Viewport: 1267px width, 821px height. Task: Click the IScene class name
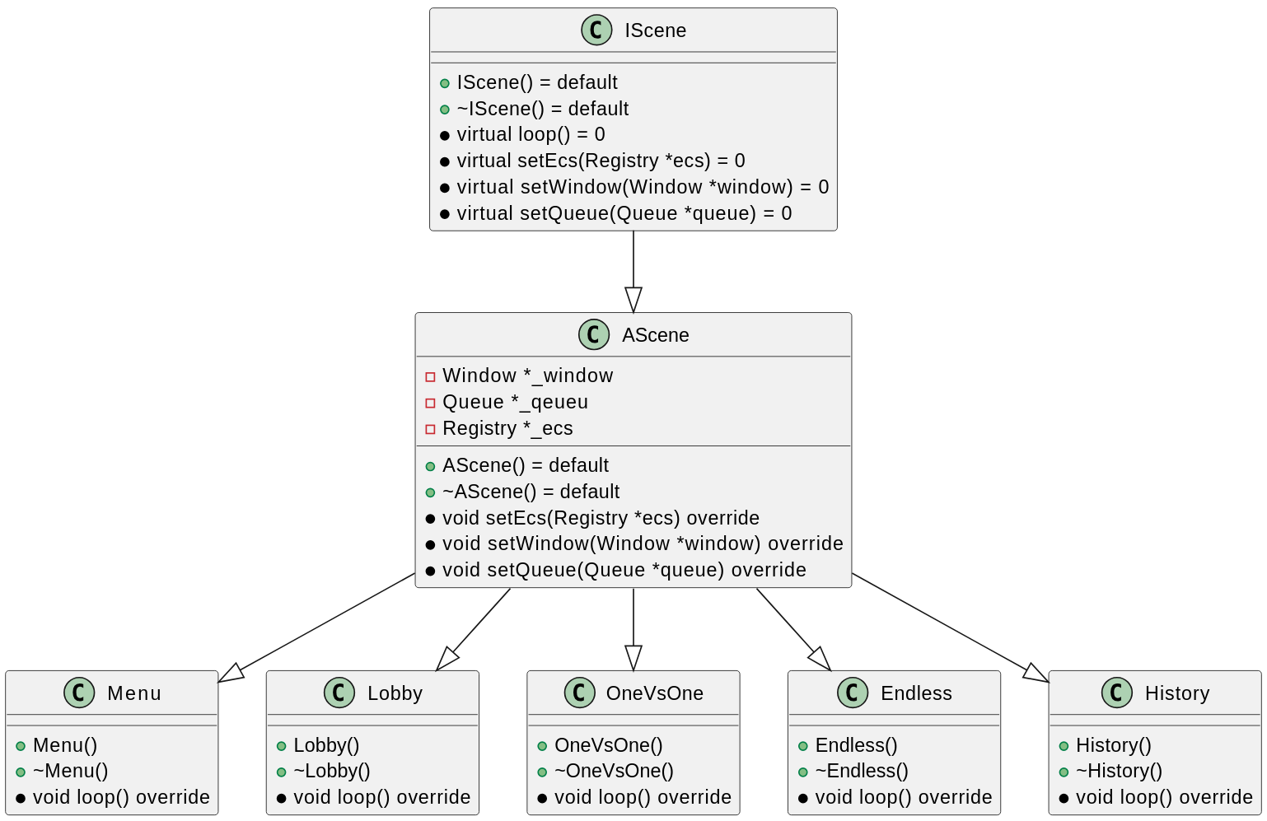pyautogui.click(x=655, y=30)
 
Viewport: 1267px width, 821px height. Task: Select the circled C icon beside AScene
pyautogui.click(x=593, y=335)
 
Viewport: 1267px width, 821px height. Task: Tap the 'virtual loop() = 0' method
pyautogui.click(x=531, y=134)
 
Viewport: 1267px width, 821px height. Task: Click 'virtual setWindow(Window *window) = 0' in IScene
pyautogui.click(x=643, y=187)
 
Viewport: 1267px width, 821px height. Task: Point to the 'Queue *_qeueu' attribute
pyautogui.click(x=515, y=402)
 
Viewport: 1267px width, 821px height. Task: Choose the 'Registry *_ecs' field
pyautogui.click(x=507, y=428)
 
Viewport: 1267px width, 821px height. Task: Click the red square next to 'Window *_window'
pyautogui.click(x=430, y=376)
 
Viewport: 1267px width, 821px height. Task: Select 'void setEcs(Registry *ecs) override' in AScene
pyautogui.click(x=601, y=518)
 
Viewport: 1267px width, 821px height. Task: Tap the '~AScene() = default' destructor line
pyautogui.click(x=531, y=492)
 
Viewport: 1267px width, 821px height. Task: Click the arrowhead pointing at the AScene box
pyautogui.click(x=633, y=300)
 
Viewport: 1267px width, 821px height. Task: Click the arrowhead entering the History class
pyautogui.click(x=1036, y=674)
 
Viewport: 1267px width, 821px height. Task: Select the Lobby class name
pyautogui.click(x=395, y=693)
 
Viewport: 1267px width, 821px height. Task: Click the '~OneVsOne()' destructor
pyautogui.click(x=614, y=771)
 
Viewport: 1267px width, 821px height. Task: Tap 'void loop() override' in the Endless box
pyautogui.click(x=903, y=797)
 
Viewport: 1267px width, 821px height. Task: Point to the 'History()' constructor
pyautogui.click(x=1113, y=745)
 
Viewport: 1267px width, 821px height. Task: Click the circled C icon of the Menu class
pyautogui.click(x=79, y=693)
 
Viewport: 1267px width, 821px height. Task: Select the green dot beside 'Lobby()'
pyautogui.click(x=282, y=746)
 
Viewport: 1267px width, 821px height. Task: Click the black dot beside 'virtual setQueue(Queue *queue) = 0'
pyautogui.click(x=445, y=214)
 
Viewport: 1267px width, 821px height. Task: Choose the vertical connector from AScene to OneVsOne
pyautogui.click(x=633, y=618)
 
